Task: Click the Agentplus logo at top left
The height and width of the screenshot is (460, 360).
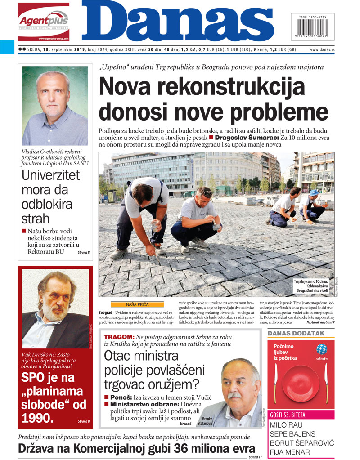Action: point(44,22)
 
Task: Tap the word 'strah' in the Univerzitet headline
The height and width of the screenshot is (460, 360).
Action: point(36,219)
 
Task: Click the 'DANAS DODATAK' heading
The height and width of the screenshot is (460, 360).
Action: point(296,333)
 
